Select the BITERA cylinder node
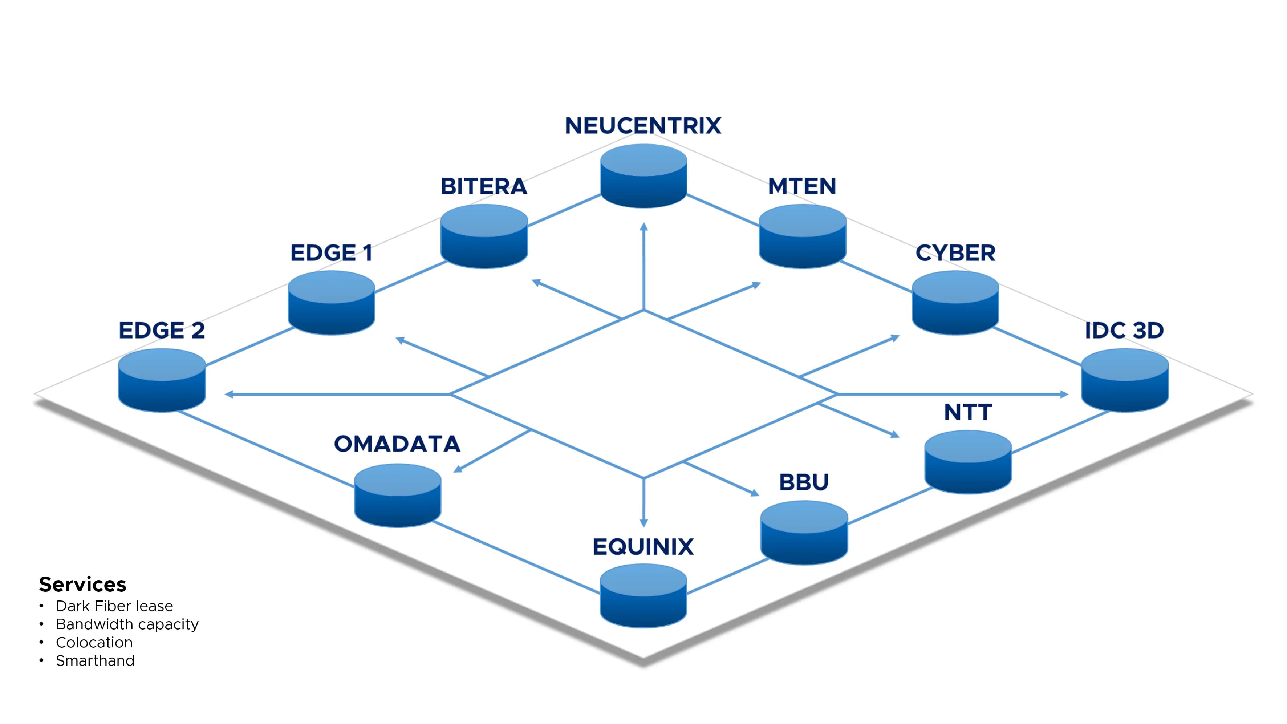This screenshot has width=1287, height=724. pos(484,236)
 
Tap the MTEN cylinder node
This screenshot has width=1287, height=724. pos(802,236)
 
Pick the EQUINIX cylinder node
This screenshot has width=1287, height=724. pos(643,596)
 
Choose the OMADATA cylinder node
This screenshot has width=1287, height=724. pos(398,496)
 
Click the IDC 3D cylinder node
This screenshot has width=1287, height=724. pos(1125,380)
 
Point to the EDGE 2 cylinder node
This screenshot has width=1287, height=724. pos(162,380)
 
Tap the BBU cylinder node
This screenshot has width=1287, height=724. pos(804,533)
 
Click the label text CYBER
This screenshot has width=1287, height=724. pos(955,253)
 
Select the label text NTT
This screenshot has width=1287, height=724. pos(968,413)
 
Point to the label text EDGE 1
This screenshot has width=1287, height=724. pos(331,253)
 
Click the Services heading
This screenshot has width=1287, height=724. pos(82,584)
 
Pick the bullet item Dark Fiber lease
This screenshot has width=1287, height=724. pos(114,606)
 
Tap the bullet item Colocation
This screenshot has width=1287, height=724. pos(94,643)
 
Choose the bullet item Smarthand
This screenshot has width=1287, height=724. pos(95,660)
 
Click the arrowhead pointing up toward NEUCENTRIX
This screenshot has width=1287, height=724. pos(644,226)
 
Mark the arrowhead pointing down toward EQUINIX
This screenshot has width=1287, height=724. pos(644,523)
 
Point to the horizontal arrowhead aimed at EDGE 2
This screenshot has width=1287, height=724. pos(229,394)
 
